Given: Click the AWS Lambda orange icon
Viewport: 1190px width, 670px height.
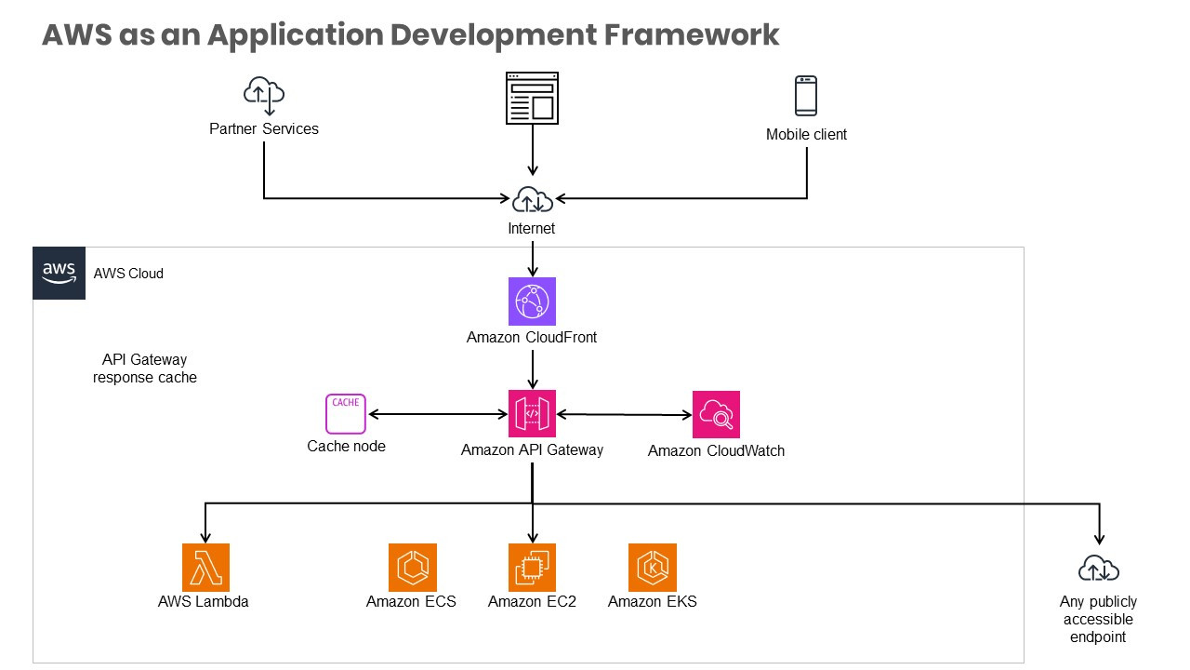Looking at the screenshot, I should [205, 568].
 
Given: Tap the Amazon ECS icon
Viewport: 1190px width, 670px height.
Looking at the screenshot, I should [412, 568].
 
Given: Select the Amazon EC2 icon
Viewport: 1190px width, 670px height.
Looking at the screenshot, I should [532, 568].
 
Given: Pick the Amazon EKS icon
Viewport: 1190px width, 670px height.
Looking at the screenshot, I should [652, 568].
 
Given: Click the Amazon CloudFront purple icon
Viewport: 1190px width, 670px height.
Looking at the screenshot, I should [532, 301].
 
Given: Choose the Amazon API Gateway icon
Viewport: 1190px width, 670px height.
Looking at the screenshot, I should [532, 414].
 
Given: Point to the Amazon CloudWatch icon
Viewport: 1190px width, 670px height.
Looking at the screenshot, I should [716, 414].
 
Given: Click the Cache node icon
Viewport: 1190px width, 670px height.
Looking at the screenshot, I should [346, 414].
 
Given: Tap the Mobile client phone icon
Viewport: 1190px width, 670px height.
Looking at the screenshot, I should [806, 96].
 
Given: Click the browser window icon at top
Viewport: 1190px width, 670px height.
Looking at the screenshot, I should [532, 98].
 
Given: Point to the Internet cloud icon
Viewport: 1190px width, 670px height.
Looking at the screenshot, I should [532, 199].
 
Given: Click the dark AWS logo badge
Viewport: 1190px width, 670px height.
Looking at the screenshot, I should [59, 273].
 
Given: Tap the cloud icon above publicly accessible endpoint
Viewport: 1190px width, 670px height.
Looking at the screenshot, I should [1099, 569].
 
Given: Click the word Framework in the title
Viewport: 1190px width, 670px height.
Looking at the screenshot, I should [692, 34].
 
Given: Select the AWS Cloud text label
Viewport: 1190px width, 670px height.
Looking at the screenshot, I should [128, 274].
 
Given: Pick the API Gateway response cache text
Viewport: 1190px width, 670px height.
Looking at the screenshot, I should [145, 368].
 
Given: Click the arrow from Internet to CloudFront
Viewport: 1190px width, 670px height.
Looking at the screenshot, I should [532, 258].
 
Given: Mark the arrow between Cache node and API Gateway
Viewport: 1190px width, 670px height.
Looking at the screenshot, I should [438, 414].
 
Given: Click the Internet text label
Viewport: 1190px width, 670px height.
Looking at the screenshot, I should [531, 228].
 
